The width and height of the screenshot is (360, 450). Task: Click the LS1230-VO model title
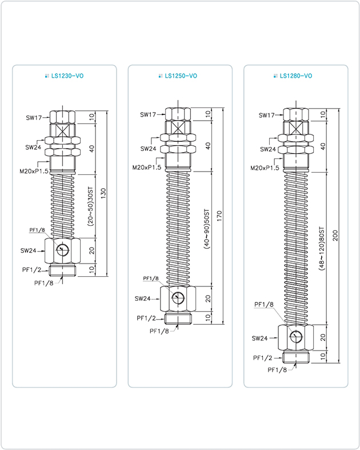click(x=69, y=75)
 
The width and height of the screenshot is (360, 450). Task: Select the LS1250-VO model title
click(x=181, y=75)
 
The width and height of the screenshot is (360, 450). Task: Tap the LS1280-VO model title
click(x=295, y=75)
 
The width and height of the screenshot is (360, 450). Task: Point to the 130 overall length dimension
click(x=103, y=193)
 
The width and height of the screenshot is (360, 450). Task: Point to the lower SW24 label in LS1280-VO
click(x=260, y=339)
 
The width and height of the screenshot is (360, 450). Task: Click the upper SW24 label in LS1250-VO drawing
click(x=148, y=149)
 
